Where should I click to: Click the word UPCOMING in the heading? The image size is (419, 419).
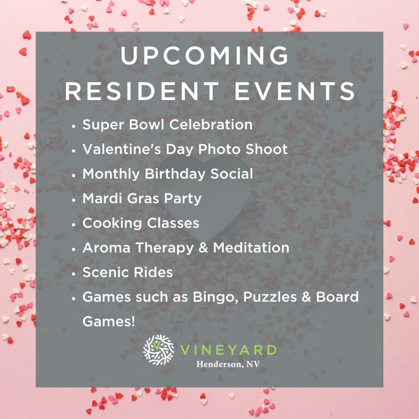tap(204, 56)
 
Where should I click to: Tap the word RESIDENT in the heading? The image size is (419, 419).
tap(142, 91)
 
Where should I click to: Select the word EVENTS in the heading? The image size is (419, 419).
tap(295, 91)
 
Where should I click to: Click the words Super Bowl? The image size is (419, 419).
tap(123, 125)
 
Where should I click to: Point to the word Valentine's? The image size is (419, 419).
tap(122, 149)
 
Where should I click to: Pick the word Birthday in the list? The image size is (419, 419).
tap(175, 174)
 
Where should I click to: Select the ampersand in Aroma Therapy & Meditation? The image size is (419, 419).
tap(203, 248)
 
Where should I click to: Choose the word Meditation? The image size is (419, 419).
tap(251, 247)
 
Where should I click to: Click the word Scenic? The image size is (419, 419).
tap(106, 272)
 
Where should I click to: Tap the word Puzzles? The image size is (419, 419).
tap(270, 297)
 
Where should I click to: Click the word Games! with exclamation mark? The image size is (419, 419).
tap(108, 321)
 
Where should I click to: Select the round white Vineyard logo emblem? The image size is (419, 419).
tap(159, 350)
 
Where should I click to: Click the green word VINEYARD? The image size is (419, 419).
tap(228, 350)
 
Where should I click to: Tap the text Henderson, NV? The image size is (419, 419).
tap(228, 364)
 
